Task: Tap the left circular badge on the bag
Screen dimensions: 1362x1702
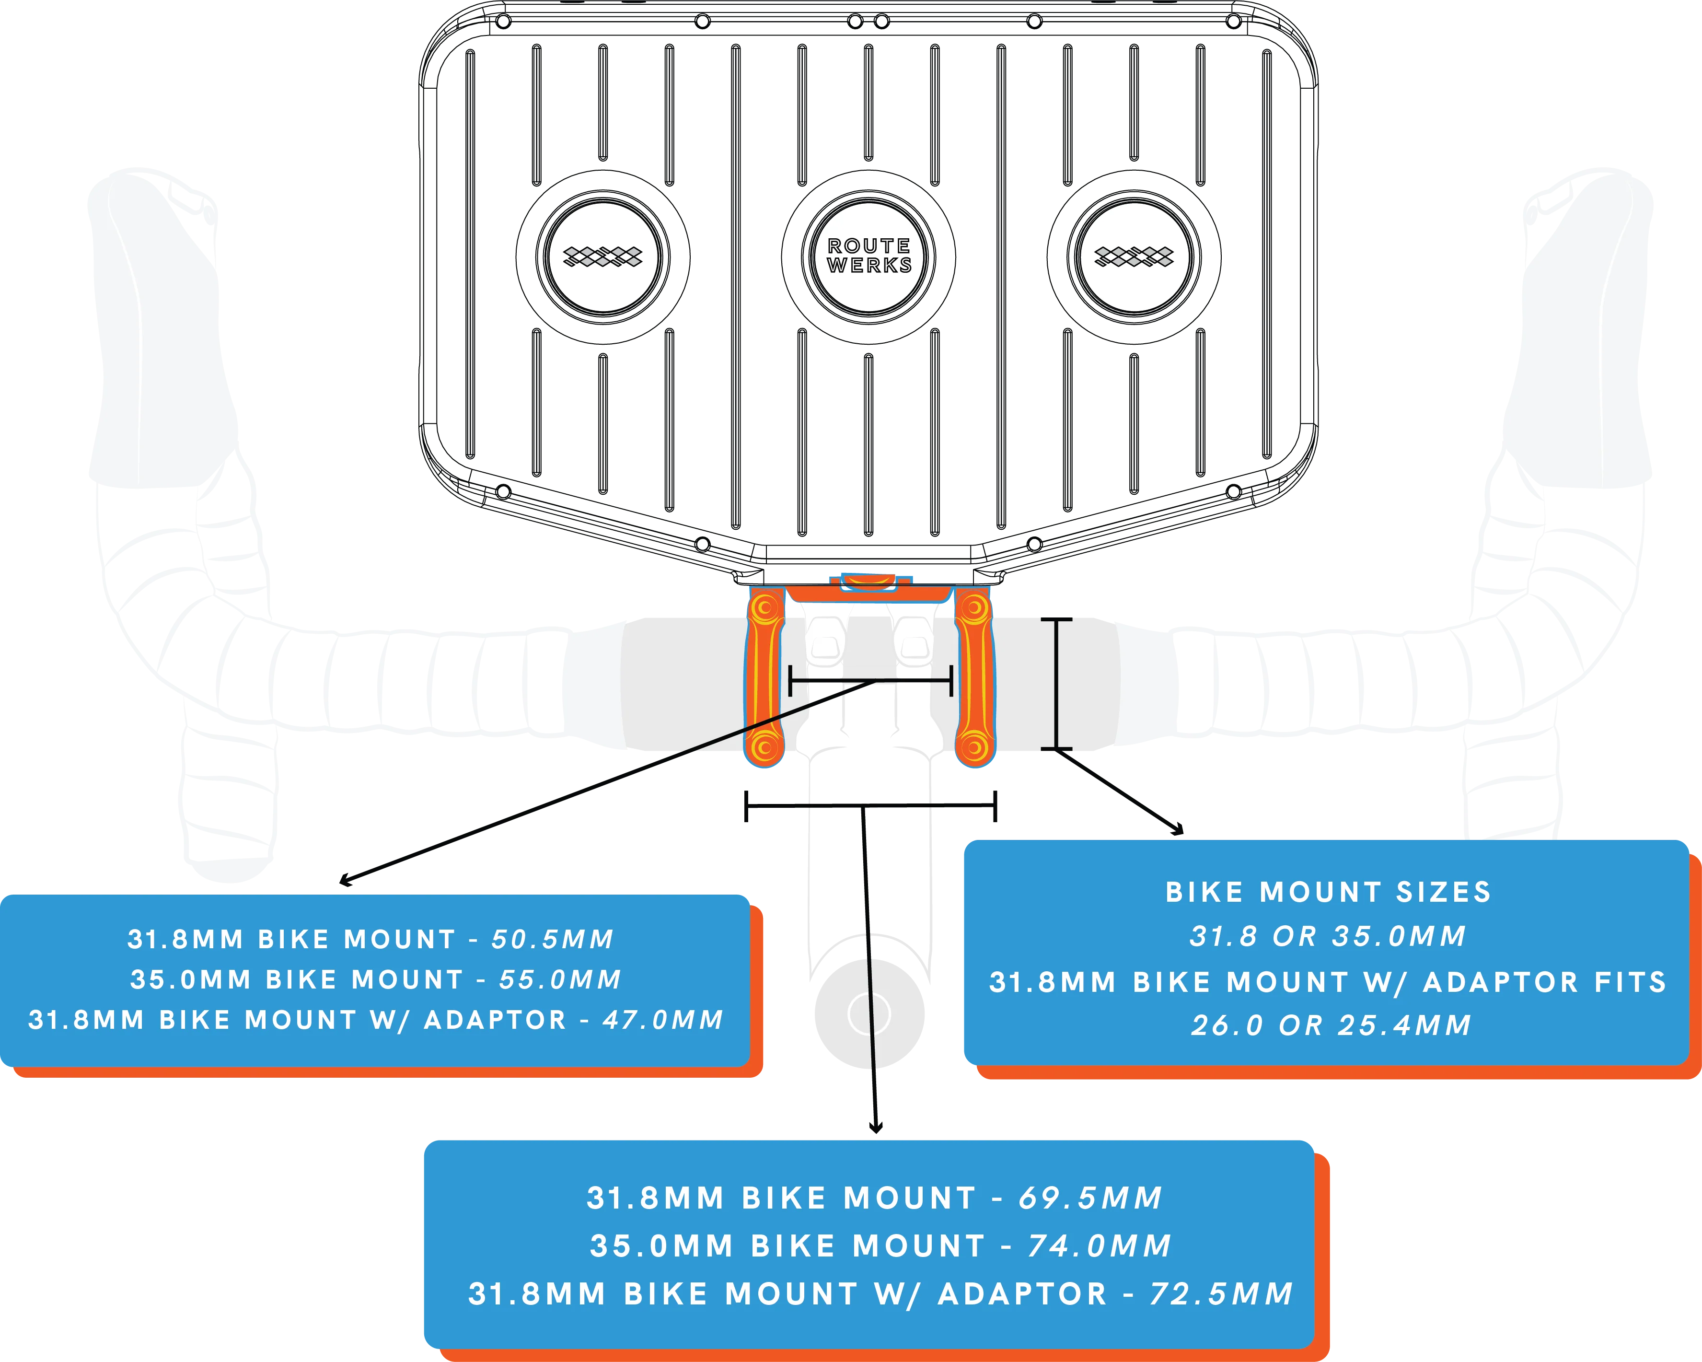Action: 603,256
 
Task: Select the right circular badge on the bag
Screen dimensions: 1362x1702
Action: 1134,256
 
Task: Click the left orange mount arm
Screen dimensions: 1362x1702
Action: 764,677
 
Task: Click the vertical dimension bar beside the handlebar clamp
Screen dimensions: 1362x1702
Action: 1056,684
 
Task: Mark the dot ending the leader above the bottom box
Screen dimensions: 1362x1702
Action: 876,1127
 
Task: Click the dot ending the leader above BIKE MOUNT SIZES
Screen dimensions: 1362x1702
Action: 1177,828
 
